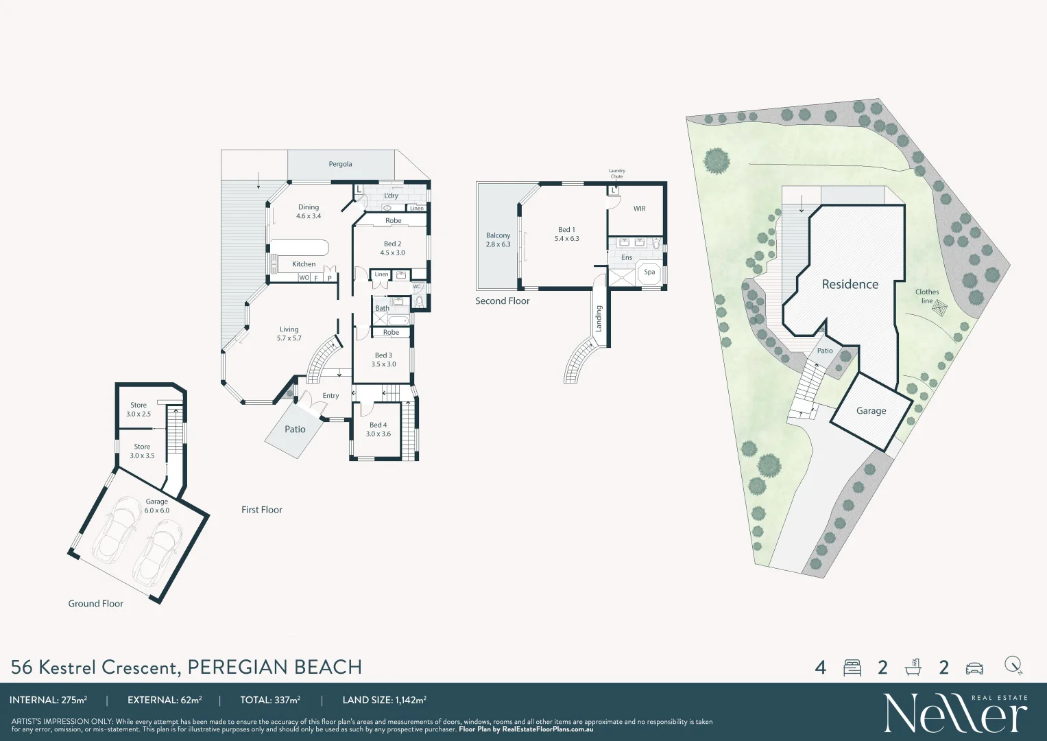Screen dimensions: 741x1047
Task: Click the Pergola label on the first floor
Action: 340,164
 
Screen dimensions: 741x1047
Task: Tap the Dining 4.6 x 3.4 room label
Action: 309,211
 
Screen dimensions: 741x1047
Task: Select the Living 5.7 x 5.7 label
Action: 289,333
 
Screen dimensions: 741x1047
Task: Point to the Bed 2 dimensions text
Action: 392,253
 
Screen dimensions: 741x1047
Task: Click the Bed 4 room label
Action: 378,429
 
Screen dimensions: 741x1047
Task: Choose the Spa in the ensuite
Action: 649,272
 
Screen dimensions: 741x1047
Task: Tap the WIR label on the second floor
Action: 639,209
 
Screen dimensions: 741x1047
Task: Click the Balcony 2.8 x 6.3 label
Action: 498,239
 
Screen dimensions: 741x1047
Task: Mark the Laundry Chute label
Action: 616,174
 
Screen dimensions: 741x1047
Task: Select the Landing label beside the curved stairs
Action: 599,319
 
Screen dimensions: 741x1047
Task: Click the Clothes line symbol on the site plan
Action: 939,309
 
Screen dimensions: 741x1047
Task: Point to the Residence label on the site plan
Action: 850,284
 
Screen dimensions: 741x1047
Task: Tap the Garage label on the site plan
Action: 871,411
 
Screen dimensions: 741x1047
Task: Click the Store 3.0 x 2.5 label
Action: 139,410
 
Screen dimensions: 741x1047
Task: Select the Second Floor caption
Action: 503,301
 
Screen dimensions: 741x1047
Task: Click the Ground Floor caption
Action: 96,604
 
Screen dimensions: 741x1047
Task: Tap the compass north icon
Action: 1013,666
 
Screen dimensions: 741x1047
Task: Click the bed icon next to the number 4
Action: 852,668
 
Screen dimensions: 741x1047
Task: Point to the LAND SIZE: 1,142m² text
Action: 384,701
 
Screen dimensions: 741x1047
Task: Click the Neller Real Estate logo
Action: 955,714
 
